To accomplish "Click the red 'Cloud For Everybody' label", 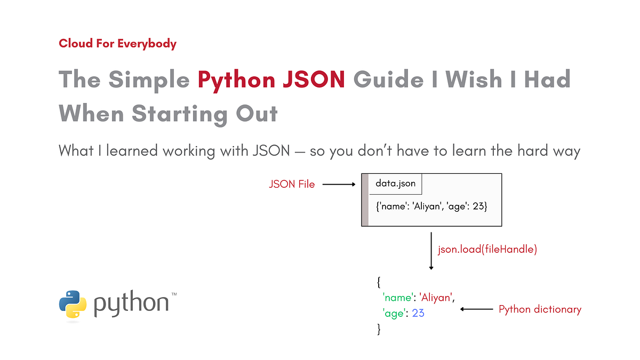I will pos(117,44).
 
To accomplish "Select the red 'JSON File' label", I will pos(291,185).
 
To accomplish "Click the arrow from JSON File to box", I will pos(339,185).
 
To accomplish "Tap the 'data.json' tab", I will pos(396,183).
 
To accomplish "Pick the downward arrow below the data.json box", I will pos(431,251).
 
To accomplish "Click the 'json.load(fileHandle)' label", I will pos(487,249).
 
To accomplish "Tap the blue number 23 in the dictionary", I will pos(418,313).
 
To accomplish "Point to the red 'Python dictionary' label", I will pos(540,309).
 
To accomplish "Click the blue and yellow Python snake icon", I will pos(73,304).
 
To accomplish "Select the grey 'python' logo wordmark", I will pos(131,304).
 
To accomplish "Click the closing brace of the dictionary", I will pos(379,330).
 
